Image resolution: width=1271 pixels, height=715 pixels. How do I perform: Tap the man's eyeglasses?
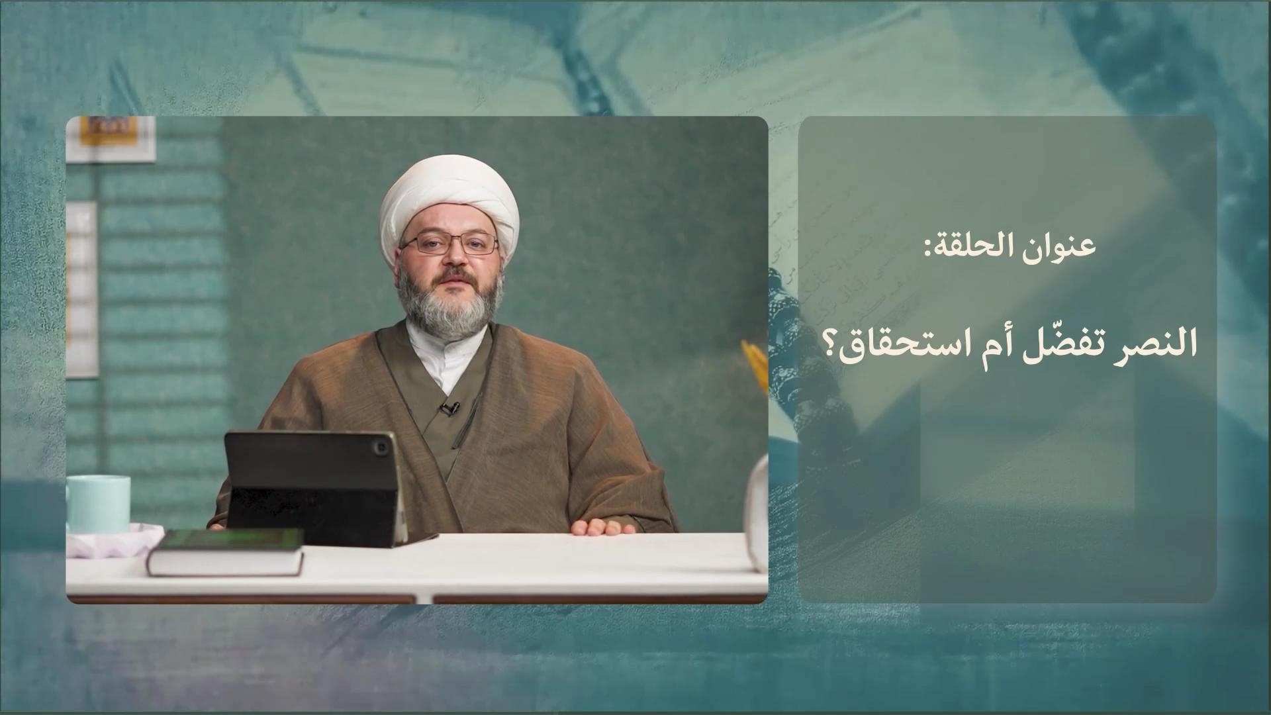click(449, 244)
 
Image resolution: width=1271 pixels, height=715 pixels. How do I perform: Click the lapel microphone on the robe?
click(450, 408)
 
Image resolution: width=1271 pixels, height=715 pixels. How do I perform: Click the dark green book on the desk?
click(226, 551)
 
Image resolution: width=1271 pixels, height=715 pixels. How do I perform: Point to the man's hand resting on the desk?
click(603, 527)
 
